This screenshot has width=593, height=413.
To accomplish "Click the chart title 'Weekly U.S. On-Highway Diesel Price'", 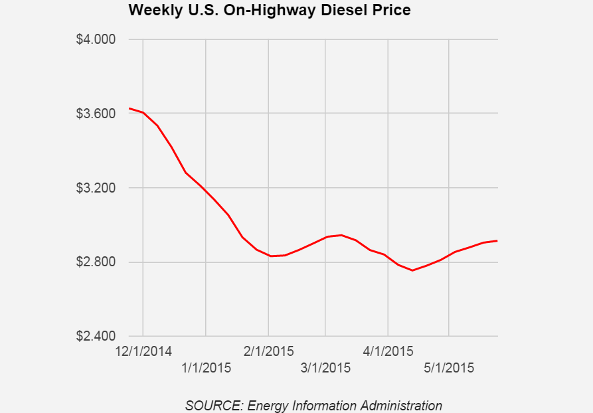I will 269,11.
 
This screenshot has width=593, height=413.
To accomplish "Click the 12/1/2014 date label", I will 143,351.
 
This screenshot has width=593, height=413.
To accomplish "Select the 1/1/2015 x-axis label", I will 206,367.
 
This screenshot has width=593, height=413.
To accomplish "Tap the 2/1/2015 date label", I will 268,351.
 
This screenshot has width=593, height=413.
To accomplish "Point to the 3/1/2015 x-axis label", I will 325,367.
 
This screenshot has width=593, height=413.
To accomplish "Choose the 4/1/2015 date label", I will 388,351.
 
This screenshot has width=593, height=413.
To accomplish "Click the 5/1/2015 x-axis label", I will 450,367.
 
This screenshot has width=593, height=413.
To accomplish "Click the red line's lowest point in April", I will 412,270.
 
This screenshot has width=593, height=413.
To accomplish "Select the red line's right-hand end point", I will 497,241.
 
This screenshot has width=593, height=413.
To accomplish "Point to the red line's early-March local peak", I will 341,235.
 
